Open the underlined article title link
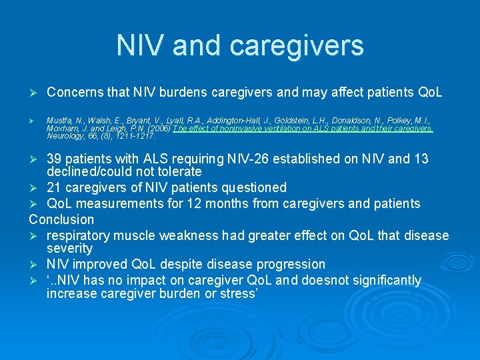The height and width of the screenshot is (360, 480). pos(302,129)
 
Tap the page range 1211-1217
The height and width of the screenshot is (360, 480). pos(139,135)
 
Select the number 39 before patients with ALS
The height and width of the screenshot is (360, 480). pos(54,159)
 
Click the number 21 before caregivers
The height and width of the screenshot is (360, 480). pos(54,188)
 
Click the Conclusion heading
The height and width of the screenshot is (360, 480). pos(61,219)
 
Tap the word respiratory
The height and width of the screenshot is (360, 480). pos(83,235)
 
